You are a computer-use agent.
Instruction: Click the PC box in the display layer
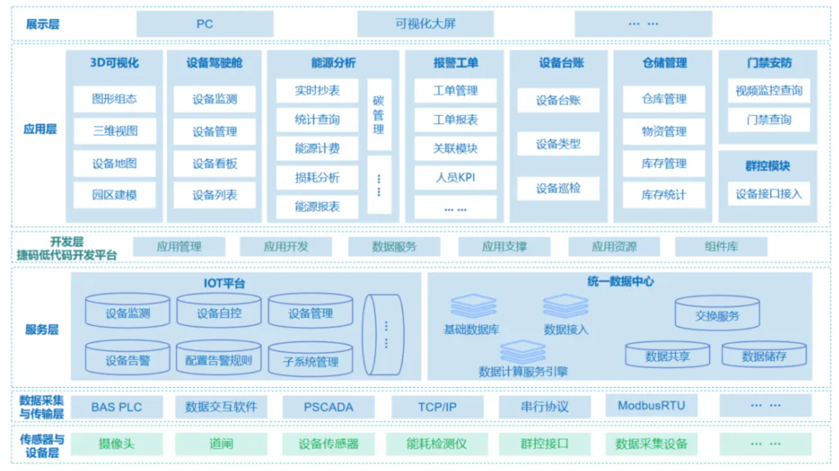click(204, 24)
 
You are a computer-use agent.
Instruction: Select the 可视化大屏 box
click(425, 24)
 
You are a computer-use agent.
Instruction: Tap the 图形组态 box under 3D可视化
click(114, 99)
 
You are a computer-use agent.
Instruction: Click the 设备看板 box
click(214, 164)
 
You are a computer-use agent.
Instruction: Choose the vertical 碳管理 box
click(379, 115)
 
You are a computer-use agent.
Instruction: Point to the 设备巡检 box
click(558, 189)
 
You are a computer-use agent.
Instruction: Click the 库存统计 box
click(663, 195)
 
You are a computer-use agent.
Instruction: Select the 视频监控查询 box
click(768, 91)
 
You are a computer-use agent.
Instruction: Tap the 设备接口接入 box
click(768, 194)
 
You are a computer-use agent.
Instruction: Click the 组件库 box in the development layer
click(721, 247)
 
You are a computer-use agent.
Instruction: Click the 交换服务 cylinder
click(717, 316)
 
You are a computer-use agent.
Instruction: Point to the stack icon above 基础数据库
click(473, 306)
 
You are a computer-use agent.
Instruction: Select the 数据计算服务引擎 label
click(523, 371)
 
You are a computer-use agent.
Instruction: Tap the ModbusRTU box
click(651, 405)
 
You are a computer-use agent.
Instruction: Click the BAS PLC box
click(117, 407)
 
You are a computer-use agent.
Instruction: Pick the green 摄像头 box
click(117, 444)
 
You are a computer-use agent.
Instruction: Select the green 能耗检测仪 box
click(436, 444)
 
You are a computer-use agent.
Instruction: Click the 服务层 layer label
click(42, 329)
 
